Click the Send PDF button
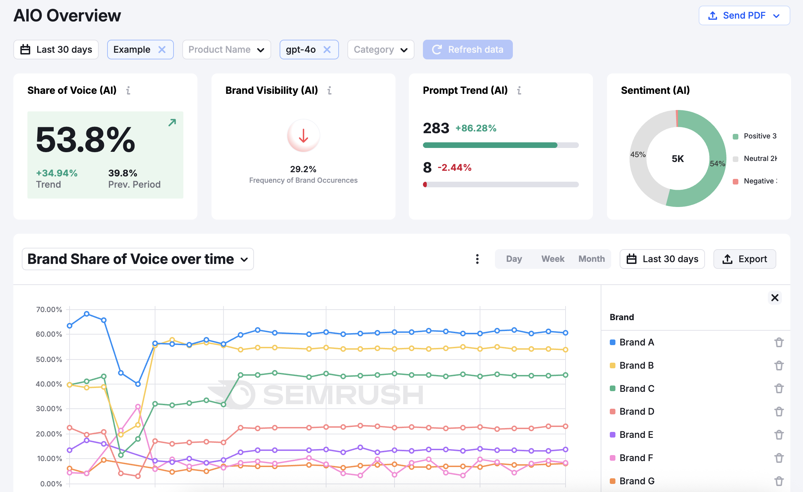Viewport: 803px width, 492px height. click(x=744, y=15)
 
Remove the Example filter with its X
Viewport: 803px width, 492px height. click(x=162, y=50)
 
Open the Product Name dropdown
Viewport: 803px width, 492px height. click(x=226, y=50)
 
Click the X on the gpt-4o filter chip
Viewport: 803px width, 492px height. click(x=327, y=50)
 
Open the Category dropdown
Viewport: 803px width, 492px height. click(x=380, y=50)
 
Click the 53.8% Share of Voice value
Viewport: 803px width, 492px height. click(x=85, y=140)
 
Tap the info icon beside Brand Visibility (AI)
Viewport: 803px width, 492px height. click(x=329, y=91)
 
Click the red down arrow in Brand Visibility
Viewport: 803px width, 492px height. click(x=303, y=136)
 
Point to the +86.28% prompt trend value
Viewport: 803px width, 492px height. click(x=476, y=128)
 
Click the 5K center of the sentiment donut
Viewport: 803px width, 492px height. click(x=678, y=159)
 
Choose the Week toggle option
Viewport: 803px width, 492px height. click(x=553, y=259)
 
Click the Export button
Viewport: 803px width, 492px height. click(x=744, y=259)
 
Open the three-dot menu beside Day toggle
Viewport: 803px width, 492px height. click(x=477, y=259)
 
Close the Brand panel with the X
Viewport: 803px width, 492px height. click(x=775, y=298)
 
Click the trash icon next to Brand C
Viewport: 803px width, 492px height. click(x=779, y=388)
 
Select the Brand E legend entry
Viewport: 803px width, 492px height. click(x=636, y=435)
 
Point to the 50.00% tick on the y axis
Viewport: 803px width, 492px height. click(x=49, y=360)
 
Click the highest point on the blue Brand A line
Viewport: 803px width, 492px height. click(x=87, y=314)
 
